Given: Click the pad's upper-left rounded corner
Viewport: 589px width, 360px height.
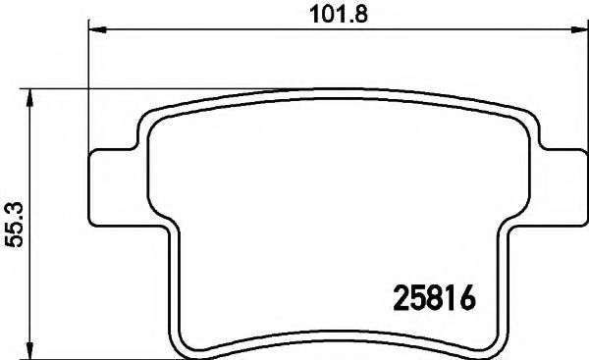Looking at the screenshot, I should coord(145,120).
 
